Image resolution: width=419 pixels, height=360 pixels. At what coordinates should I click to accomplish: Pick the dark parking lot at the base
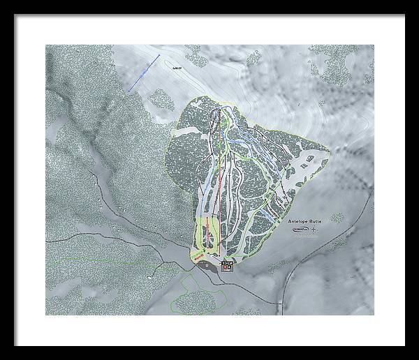(207, 265)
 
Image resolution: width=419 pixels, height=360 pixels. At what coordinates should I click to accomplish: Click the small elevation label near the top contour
(178, 68)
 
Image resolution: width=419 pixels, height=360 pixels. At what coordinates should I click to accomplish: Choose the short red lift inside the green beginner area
(207, 234)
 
